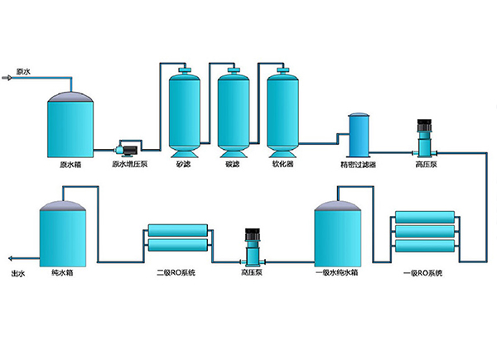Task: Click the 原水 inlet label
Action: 24,72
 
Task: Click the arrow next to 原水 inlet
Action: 10,80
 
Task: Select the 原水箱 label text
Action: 70,164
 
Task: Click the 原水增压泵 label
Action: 129,164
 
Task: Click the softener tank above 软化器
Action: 282,116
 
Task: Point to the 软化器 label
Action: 282,164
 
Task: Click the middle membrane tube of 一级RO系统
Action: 426,230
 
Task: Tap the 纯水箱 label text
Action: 63,272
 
